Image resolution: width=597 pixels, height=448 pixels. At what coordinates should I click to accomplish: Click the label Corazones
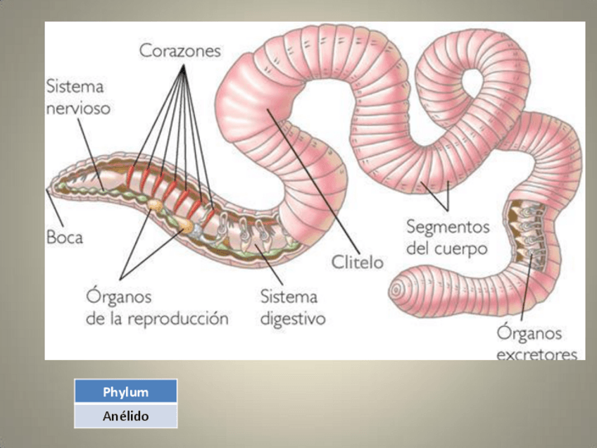[x=180, y=51]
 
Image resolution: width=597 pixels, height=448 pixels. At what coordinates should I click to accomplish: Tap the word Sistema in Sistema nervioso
[x=75, y=87]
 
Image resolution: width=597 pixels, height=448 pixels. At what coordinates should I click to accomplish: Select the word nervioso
[x=77, y=109]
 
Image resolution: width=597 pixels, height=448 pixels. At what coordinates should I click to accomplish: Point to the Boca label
[x=64, y=237]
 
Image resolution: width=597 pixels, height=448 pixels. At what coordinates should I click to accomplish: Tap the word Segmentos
[x=447, y=227]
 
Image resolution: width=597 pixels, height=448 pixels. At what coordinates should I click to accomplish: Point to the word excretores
[x=537, y=354]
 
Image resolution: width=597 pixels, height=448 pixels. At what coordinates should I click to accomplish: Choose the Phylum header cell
[x=125, y=392]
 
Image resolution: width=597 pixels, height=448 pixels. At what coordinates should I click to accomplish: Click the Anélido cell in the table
[x=125, y=416]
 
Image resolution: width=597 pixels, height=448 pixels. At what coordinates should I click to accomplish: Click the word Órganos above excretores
[x=529, y=332]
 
